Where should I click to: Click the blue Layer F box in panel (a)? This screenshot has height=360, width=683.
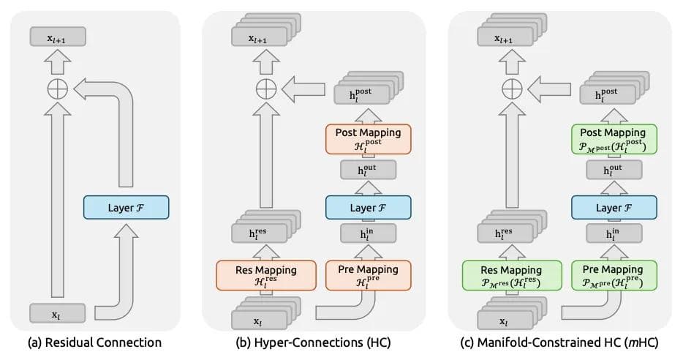(126, 208)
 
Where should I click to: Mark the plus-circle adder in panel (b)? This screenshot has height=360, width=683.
(265, 89)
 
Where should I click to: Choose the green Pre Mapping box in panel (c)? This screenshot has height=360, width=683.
(614, 274)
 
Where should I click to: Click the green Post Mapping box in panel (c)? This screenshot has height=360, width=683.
(614, 138)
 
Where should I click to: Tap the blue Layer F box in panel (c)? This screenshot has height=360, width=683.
(614, 208)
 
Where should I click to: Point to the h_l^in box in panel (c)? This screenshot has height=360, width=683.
(614, 235)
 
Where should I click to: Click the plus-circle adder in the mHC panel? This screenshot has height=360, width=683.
(511, 89)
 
